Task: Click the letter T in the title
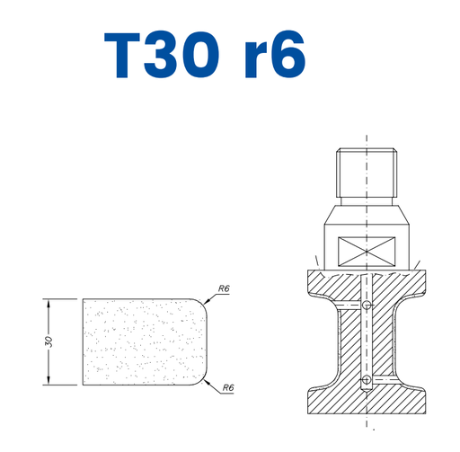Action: coord(122,55)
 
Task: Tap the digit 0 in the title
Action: coord(201,55)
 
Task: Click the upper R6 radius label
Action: coord(224,288)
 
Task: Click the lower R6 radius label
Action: coord(228,387)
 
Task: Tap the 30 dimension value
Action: coord(49,341)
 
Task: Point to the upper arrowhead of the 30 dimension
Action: coord(49,304)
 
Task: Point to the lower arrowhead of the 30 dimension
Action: coord(49,380)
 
